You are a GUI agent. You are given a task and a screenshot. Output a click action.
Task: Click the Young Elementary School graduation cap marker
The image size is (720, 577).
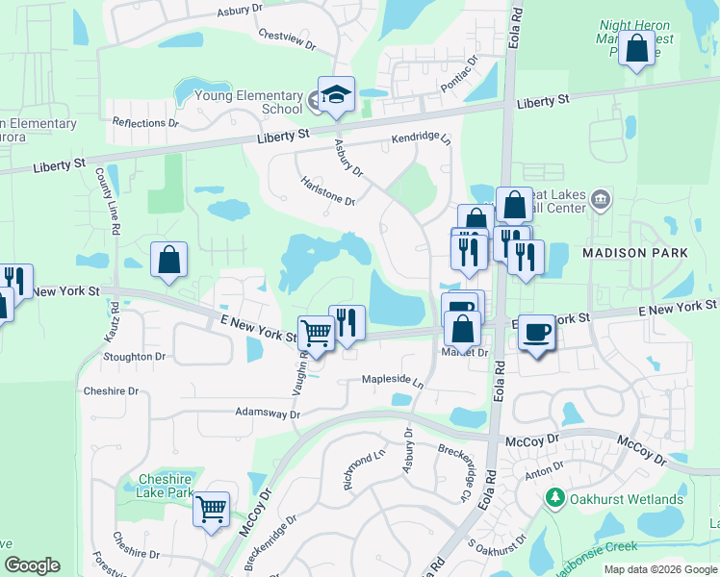[x=336, y=95]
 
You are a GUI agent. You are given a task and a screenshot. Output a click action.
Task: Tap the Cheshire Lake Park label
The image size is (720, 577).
[x=166, y=486]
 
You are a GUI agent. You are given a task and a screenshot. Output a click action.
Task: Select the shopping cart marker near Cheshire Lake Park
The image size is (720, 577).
[x=211, y=509]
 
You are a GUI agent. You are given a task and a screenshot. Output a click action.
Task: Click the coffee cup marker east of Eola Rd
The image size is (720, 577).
[x=537, y=333]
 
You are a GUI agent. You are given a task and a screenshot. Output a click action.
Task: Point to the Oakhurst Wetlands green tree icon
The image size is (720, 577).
[x=554, y=498]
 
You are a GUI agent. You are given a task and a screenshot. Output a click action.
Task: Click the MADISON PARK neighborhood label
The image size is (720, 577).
[x=634, y=252]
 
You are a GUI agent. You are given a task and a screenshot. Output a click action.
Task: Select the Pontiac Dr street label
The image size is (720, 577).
[x=459, y=73]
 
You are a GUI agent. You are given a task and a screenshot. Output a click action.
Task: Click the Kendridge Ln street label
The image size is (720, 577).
[x=421, y=140]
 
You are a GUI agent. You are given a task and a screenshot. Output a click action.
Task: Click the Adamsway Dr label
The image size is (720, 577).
[x=268, y=414]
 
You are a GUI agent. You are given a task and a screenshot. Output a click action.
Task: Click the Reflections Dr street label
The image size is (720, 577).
[x=145, y=123]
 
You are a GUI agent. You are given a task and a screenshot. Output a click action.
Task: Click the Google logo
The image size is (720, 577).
[x=32, y=565]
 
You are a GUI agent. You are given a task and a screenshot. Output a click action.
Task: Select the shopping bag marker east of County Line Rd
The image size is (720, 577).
[x=168, y=260]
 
